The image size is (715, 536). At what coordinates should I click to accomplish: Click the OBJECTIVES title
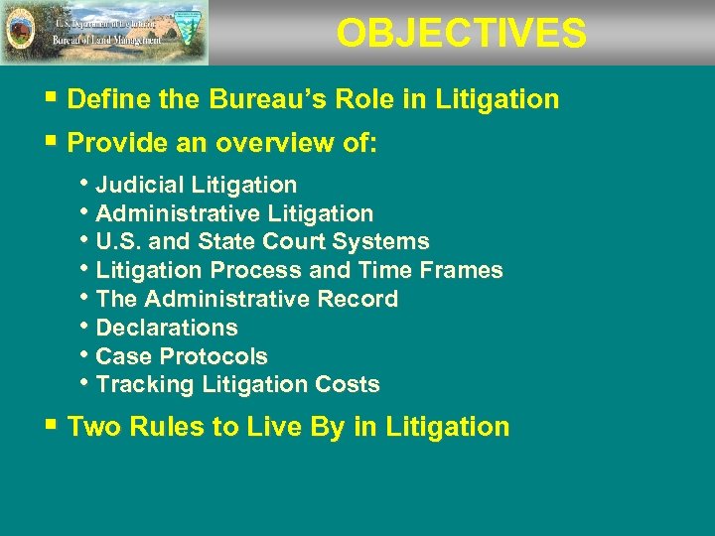click(x=461, y=34)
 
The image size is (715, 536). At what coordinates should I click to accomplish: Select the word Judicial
click(x=140, y=185)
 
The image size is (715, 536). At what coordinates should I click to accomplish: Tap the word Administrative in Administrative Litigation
click(x=177, y=213)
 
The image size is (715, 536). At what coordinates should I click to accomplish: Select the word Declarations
click(x=167, y=328)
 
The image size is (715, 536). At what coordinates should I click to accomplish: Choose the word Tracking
click(x=140, y=384)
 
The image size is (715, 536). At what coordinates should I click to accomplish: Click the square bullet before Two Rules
click(x=52, y=426)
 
